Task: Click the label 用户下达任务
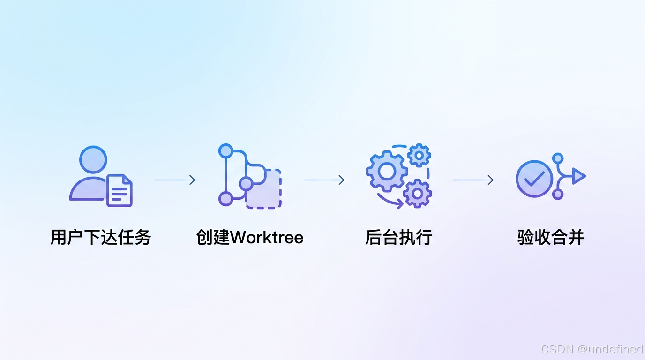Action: [100, 237]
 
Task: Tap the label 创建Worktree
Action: [250, 237]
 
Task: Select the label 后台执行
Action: [398, 237]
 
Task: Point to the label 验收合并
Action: [551, 237]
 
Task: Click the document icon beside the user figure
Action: [120, 191]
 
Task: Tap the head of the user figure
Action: [93, 160]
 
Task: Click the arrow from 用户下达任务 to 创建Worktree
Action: [175, 180]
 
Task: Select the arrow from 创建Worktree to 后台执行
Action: [324, 180]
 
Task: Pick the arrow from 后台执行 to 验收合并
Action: [473, 180]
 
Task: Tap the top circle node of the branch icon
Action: [226, 151]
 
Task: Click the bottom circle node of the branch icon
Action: [226, 199]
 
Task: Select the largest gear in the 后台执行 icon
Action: [387, 171]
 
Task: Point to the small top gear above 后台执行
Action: [419, 155]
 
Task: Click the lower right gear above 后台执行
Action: [417, 193]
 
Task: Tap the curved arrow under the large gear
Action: [390, 202]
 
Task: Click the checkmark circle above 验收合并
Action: [534, 179]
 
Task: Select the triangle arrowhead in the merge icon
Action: [579, 177]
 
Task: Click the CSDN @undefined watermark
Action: [592, 349]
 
